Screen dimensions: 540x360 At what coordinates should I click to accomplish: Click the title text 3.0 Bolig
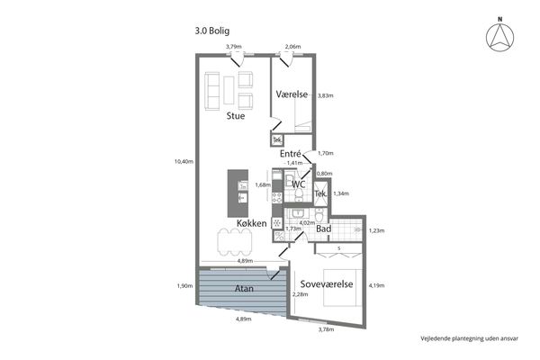[212, 31]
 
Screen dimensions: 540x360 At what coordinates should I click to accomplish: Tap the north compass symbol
[500, 36]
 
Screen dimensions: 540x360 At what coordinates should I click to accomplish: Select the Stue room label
[236, 116]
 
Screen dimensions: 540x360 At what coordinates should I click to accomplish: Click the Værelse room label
[292, 94]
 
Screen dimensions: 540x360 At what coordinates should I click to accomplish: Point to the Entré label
[291, 154]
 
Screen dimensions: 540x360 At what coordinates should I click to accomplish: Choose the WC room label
[299, 184]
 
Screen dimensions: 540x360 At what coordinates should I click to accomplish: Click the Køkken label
[252, 223]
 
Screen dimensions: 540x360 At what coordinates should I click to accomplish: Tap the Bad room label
[324, 229]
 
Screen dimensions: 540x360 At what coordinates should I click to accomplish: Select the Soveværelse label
[327, 283]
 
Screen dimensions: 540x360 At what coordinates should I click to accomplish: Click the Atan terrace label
[244, 288]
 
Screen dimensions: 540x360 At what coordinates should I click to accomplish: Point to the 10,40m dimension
[184, 161]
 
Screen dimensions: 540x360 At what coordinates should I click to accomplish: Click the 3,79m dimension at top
[234, 46]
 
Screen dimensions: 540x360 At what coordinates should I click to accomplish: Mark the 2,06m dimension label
[293, 46]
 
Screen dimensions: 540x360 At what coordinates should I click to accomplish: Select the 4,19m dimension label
[376, 285]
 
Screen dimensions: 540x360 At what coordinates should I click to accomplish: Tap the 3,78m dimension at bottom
[326, 329]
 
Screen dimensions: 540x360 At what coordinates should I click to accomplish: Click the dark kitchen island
[238, 193]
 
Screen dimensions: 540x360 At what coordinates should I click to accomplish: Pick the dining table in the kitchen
[234, 242]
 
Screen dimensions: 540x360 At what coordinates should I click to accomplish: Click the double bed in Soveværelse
[342, 288]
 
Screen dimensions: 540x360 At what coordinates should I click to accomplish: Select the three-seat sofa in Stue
[212, 91]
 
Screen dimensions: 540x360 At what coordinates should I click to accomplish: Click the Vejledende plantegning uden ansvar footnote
[470, 338]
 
